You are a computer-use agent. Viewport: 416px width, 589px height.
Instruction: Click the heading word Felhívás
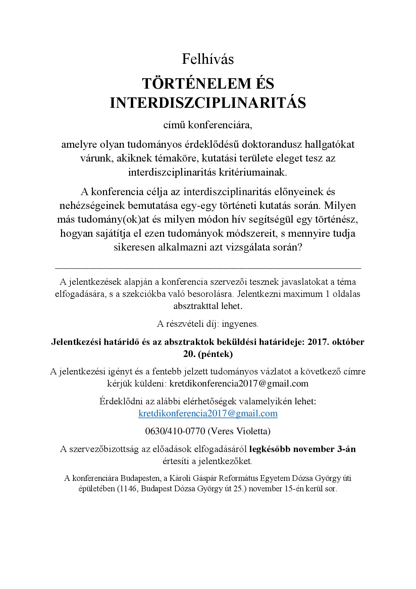pos(208,59)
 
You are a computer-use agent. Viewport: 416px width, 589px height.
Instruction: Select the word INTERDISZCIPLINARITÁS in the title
pos(208,103)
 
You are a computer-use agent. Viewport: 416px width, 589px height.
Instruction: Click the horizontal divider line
pos(208,268)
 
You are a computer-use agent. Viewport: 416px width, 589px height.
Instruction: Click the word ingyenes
pos(240,324)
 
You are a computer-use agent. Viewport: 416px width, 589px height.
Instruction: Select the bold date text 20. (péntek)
pos(208,354)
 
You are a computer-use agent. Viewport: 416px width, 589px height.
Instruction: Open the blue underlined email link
pos(208,413)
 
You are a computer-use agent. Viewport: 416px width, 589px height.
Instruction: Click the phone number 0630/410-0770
pos(175,431)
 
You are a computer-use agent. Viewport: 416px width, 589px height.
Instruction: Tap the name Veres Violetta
pos(239,431)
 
